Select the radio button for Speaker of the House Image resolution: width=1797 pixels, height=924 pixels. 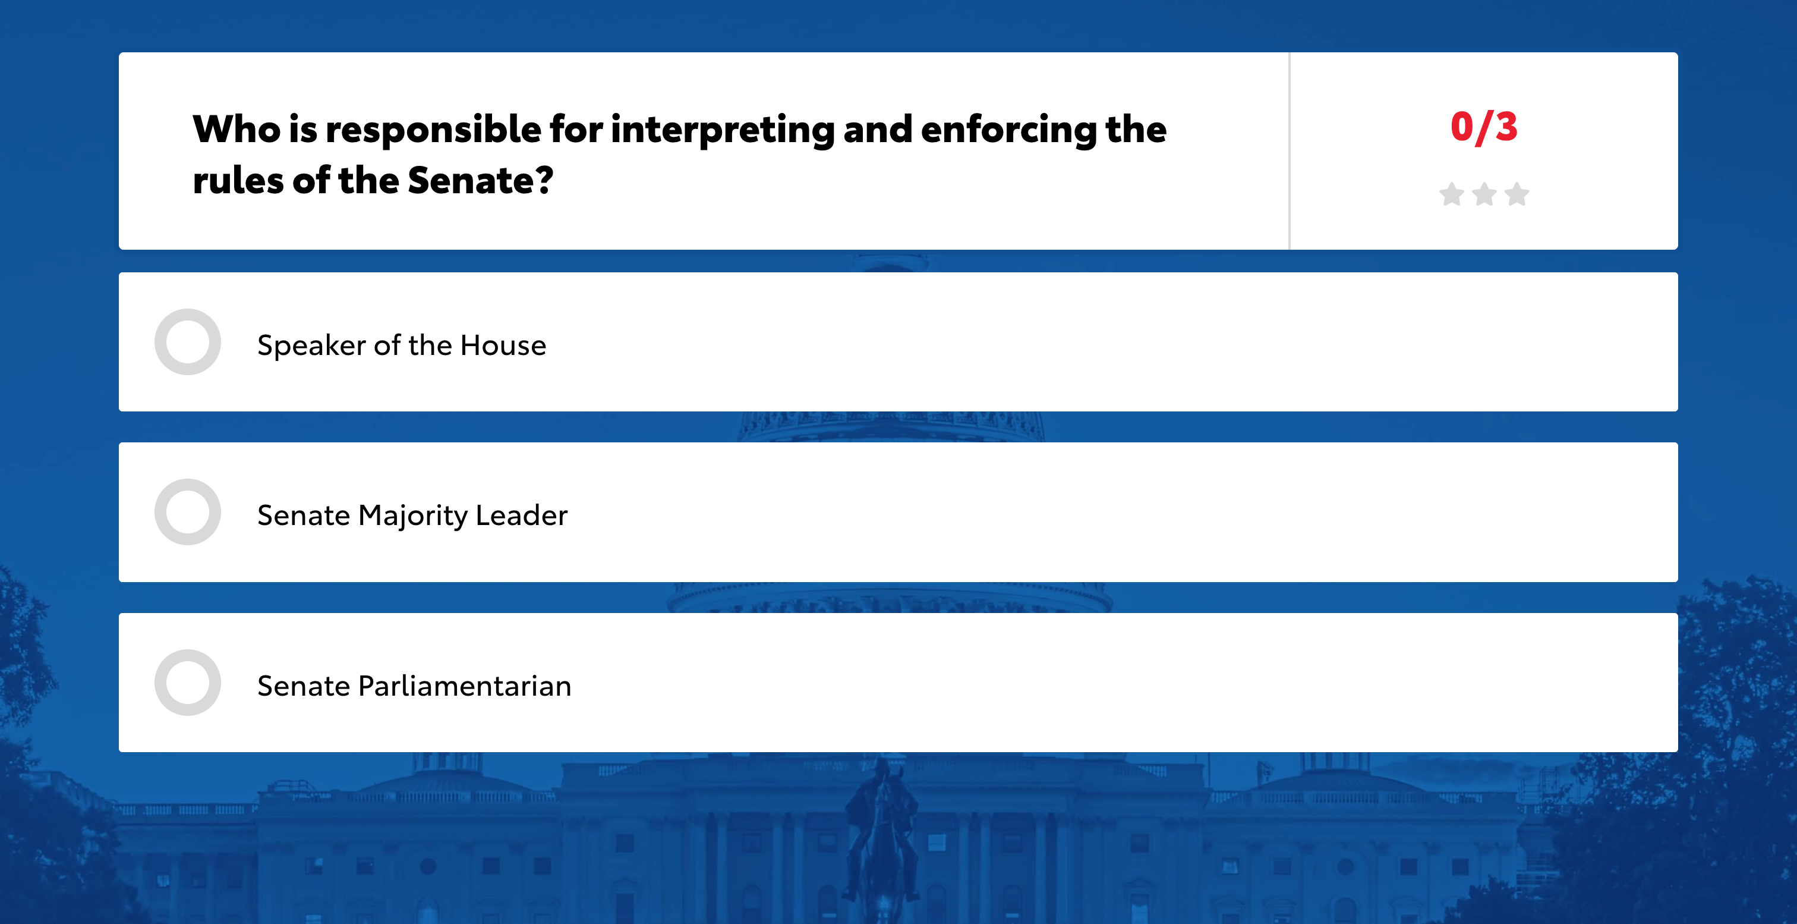pyautogui.click(x=188, y=342)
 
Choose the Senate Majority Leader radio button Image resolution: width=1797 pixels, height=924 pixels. pyautogui.click(x=188, y=513)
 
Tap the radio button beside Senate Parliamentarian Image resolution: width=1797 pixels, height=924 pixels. pyautogui.click(x=188, y=683)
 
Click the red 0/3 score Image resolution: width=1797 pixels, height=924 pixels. pyautogui.click(x=1484, y=127)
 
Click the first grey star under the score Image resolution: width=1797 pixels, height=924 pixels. pyautogui.click(x=1452, y=194)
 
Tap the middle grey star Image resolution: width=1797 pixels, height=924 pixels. pyautogui.click(x=1484, y=194)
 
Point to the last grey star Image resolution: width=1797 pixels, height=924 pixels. pyautogui.click(x=1517, y=194)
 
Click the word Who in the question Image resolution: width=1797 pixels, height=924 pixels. pyautogui.click(x=236, y=129)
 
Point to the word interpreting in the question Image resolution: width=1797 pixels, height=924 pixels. pyautogui.click(x=723, y=130)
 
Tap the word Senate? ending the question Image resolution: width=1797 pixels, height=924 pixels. pyautogui.click(x=481, y=181)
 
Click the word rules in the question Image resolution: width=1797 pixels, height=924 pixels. pyautogui.click(x=238, y=181)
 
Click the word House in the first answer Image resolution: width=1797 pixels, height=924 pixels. pyautogui.click(x=503, y=345)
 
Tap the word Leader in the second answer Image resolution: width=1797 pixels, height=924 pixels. pyautogui.click(x=522, y=516)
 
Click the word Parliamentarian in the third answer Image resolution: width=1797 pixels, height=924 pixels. pyautogui.click(x=465, y=686)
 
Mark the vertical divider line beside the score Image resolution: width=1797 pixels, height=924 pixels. pyautogui.click(x=1289, y=151)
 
